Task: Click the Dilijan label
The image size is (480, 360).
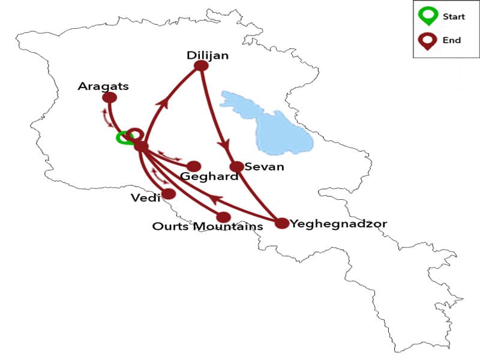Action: coord(208,55)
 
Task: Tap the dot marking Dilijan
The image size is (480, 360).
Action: coord(202,65)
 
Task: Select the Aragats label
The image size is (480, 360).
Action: coord(103,86)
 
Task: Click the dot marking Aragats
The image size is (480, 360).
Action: coord(110,98)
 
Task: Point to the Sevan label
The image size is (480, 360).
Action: coord(265,166)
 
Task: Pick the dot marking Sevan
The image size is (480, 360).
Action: coord(237,166)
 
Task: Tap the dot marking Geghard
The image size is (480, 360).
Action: coord(193,166)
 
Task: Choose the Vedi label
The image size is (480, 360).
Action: coord(145,197)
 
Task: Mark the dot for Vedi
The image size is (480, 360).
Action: coord(169,194)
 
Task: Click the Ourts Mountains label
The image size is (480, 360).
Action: coord(208,226)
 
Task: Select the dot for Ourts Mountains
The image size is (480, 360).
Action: coord(223,217)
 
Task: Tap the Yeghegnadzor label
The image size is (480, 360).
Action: coord(338,224)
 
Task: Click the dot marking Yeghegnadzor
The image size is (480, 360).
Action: coord(282,223)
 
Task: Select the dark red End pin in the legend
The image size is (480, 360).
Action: coord(428,41)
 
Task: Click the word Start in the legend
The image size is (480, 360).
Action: coord(454,17)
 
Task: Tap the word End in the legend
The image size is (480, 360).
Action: coord(452,40)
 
